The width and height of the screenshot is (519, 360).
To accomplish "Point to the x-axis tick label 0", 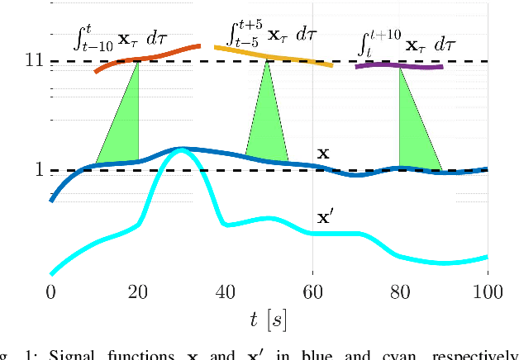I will pyautogui.click(x=51, y=291).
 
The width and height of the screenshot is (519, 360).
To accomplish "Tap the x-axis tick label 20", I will pyautogui.click(x=138, y=291).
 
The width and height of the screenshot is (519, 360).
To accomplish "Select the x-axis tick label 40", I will pyautogui.click(x=226, y=291).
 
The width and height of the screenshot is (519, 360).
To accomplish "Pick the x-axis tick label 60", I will pyautogui.click(x=312, y=291).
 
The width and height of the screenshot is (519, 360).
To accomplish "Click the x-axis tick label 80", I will pyautogui.click(x=400, y=291).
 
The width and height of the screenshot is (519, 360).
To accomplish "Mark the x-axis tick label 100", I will pyautogui.click(x=487, y=291).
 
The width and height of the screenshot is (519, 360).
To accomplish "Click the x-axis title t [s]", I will pyautogui.click(x=269, y=318).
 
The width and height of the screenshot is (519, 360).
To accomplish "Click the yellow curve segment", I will pyautogui.click(x=273, y=56).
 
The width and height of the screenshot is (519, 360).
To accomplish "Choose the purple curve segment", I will pyautogui.click(x=399, y=64).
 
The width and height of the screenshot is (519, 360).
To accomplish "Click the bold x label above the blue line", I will pyautogui.click(x=324, y=154).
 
